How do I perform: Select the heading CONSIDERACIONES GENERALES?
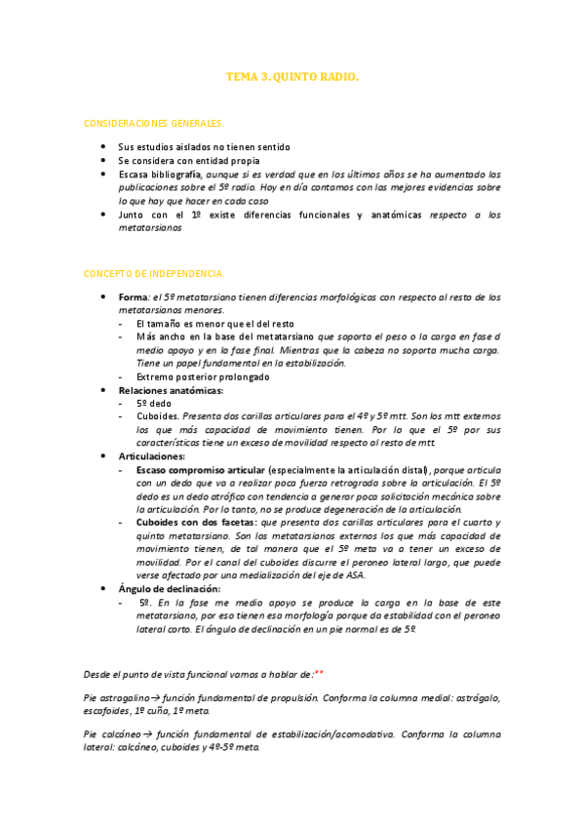154,124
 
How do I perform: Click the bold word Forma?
132,297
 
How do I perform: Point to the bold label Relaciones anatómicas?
171,389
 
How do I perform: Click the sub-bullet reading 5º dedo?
154,403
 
